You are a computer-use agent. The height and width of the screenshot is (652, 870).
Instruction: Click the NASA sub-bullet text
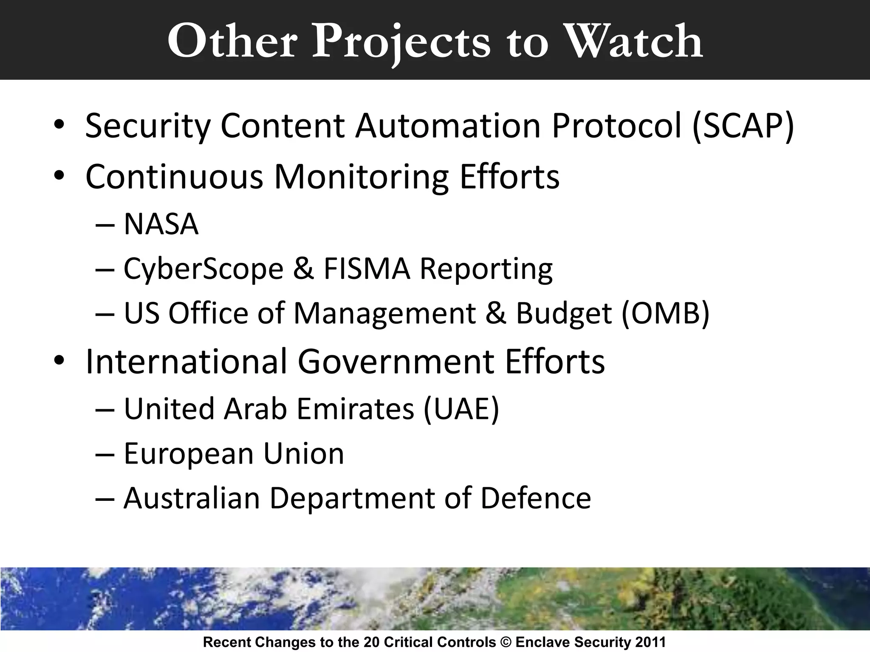(x=161, y=224)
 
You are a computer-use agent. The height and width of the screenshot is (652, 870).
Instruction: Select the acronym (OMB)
(x=665, y=313)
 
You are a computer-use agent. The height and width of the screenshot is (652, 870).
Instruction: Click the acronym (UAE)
(x=461, y=409)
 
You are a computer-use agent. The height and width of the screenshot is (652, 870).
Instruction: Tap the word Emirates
(x=355, y=409)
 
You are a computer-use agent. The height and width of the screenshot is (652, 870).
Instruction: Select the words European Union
(x=234, y=454)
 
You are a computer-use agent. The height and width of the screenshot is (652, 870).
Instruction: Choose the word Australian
(x=192, y=498)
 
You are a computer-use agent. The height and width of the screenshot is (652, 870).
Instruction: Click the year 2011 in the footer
(x=650, y=642)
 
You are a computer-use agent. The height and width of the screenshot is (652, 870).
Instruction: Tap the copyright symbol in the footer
(x=506, y=642)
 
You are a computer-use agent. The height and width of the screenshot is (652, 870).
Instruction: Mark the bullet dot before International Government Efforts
(x=59, y=360)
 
